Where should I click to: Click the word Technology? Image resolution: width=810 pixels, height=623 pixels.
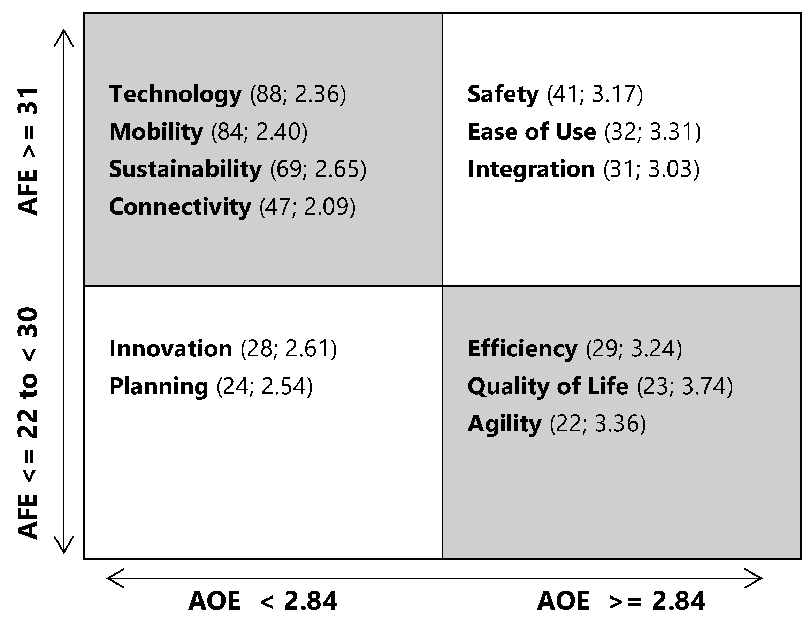pos(175,94)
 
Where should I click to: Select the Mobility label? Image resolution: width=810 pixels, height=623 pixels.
pos(156,132)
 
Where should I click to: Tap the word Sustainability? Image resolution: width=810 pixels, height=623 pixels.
pos(185,169)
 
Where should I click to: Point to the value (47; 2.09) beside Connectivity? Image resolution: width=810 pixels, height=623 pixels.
pos(307,207)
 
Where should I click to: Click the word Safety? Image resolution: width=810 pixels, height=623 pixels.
pos(503,94)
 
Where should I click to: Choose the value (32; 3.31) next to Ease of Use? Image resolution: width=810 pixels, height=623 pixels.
pos(652,132)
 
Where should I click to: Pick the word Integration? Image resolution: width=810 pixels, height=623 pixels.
pos(531,169)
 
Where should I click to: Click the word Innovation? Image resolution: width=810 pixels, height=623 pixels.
pos(170,348)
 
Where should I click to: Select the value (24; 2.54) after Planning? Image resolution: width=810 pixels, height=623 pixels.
pos(265,386)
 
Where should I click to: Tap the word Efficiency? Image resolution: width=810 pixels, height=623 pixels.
pos(522,348)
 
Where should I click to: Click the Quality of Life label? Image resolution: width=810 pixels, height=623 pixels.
pos(548,386)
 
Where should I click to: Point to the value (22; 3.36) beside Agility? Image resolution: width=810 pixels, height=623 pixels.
pos(597,424)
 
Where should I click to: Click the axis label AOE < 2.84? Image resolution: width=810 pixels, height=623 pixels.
pos(263,601)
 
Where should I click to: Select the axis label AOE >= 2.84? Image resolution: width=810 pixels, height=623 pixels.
pos(621,601)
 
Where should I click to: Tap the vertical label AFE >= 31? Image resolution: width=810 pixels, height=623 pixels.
pos(28,151)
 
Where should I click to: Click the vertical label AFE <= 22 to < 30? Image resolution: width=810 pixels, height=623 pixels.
pos(28,423)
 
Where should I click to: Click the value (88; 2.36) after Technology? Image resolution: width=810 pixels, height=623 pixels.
pos(298,94)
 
